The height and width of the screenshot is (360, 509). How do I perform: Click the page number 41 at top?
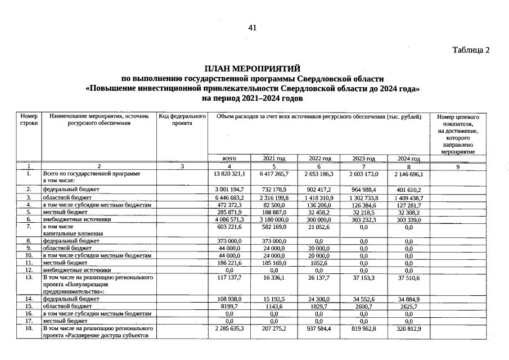coord(252,28)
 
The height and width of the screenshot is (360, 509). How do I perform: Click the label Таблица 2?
coord(471,50)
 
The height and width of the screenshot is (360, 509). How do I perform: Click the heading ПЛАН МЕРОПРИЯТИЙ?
coord(253,69)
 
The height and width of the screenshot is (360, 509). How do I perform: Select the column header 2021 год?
coord(274,159)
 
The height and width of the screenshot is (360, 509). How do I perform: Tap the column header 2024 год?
coord(409,159)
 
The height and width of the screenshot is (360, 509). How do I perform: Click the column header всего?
coord(229,159)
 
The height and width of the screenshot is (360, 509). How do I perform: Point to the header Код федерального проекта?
coord(183,119)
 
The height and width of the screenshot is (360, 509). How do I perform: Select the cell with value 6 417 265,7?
coord(274,175)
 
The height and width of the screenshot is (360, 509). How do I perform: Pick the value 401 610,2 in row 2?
coord(409,190)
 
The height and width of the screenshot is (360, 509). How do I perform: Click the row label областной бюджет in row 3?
coord(62,198)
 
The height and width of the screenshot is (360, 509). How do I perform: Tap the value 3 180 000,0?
coord(274,220)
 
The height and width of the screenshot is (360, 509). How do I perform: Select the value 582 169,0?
coord(274,227)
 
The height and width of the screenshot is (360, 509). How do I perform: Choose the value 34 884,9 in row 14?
coord(409,300)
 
